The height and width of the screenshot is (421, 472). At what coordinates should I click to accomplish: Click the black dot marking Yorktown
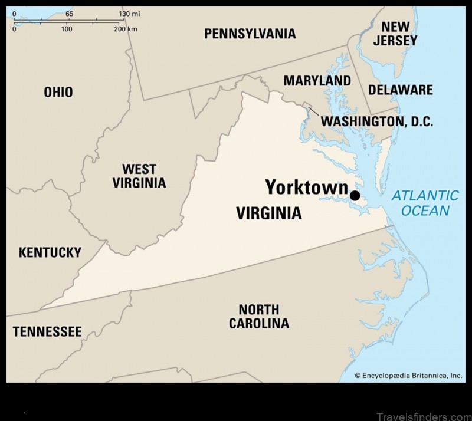(x=355, y=196)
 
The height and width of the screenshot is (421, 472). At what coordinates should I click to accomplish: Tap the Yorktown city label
(x=306, y=188)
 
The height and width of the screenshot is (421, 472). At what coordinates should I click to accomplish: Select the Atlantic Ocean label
(x=425, y=203)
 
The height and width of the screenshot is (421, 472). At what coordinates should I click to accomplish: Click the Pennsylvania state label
(x=250, y=34)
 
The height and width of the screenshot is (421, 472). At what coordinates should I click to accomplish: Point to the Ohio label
(x=58, y=92)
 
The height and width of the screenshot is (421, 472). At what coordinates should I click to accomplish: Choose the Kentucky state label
(x=50, y=252)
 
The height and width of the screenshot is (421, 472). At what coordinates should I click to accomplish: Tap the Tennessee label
(x=47, y=332)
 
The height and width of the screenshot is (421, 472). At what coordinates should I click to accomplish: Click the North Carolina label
(x=259, y=316)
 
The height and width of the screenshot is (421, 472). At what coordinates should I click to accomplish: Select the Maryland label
(x=317, y=81)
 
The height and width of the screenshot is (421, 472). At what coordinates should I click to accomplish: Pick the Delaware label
(x=401, y=90)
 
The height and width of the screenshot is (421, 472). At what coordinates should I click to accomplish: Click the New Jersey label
(x=395, y=34)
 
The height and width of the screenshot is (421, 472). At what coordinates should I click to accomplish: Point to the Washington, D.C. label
(x=377, y=122)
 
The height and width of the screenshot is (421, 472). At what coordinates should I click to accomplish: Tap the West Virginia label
(x=139, y=176)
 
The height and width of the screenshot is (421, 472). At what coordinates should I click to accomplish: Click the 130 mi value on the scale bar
(x=129, y=14)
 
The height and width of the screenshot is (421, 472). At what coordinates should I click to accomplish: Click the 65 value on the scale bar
(x=69, y=14)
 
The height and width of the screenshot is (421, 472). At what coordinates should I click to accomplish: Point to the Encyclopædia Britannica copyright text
(x=408, y=375)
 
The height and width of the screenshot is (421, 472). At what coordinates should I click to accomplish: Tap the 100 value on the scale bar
(x=67, y=29)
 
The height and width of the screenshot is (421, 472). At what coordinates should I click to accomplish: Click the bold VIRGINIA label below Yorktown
(x=268, y=213)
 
